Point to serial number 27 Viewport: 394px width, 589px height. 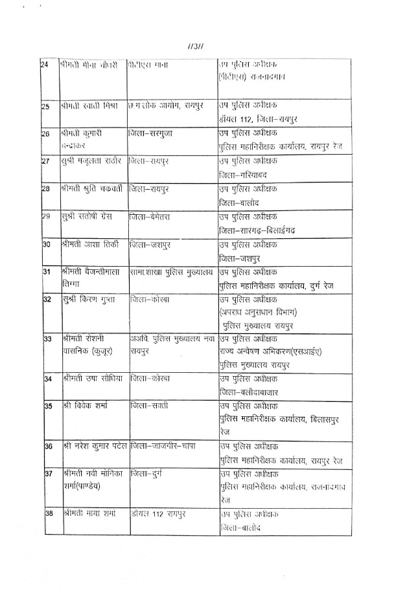click(x=46, y=160)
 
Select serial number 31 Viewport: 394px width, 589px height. click(x=47, y=271)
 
